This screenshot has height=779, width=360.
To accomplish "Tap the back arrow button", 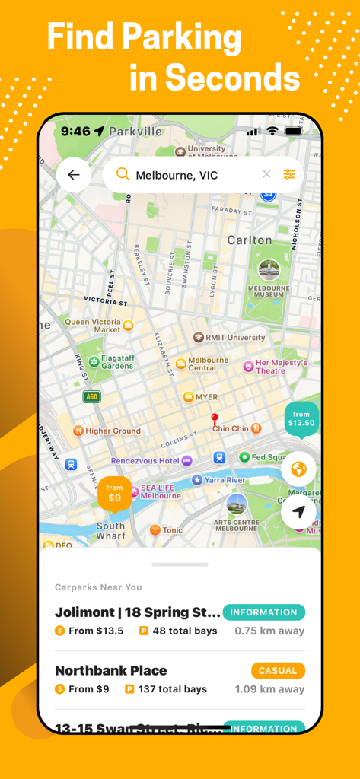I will click(x=74, y=175).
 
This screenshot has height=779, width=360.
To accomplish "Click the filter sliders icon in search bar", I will click(x=289, y=175).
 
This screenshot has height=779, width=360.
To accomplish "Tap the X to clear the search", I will click(x=266, y=174).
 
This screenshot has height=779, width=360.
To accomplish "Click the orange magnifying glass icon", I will click(x=123, y=174).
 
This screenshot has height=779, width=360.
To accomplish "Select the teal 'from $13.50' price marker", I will click(x=301, y=419).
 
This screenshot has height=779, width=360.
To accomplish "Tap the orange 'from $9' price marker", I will click(x=114, y=493).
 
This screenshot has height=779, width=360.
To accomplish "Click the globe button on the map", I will click(x=298, y=469).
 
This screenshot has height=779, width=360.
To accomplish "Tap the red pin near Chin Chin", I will click(x=215, y=418).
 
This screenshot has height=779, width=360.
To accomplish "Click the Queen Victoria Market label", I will click(x=92, y=326).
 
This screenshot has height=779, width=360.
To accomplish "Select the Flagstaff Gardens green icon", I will click(x=94, y=361).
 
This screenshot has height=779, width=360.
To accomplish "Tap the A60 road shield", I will click(x=91, y=396).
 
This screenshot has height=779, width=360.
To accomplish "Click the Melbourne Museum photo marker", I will click(x=269, y=269).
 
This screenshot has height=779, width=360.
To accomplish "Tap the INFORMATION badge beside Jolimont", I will click(x=263, y=612).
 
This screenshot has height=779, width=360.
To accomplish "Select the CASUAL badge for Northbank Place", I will click(x=278, y=670).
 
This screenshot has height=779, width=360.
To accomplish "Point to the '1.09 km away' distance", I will click(x=269, y=689).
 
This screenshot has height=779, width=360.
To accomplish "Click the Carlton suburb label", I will click(x=249, y=240).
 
